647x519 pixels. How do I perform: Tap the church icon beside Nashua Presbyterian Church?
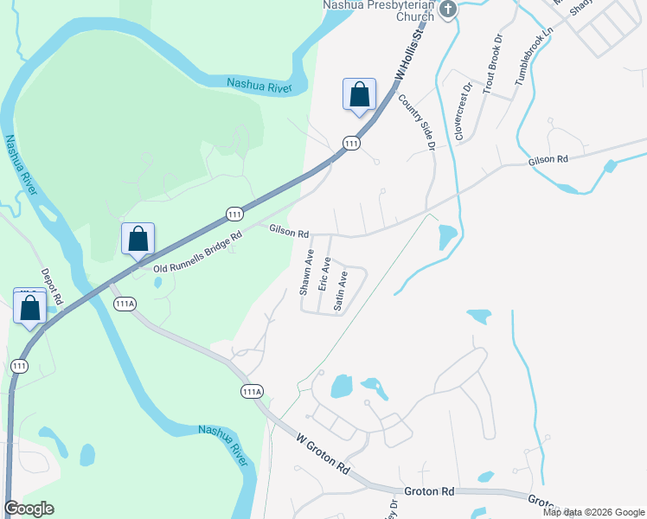[447, 10]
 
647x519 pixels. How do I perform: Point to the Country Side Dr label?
[415, 122]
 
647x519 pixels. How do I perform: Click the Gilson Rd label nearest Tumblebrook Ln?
[550, 160]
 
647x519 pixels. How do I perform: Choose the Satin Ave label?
[341, 291]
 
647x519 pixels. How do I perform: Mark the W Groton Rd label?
[323, 454]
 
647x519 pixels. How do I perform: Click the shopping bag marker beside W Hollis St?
[359, 94]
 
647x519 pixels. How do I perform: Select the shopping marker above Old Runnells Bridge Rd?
[138, 239]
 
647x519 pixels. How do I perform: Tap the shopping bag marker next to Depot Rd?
[30, 308]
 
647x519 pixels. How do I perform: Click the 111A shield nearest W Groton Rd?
[252, 392]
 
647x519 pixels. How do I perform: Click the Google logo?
[29, 509]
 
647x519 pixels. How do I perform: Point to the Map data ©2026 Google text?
[593, 512]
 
